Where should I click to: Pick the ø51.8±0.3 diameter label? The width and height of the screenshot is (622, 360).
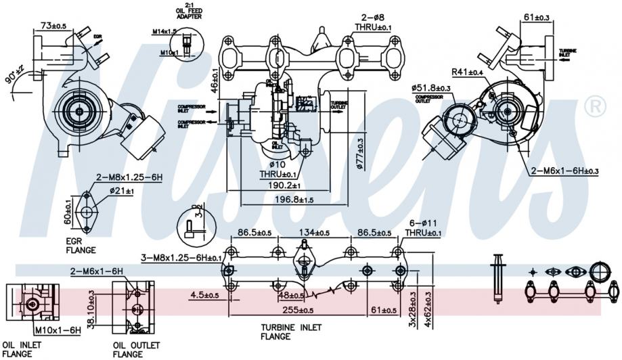(430, 88)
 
